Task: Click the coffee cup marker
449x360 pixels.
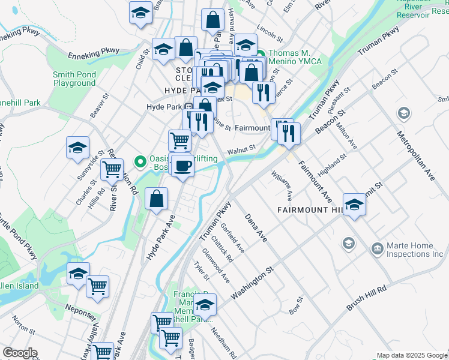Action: point(182,165)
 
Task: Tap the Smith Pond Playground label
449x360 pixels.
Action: point(74,79)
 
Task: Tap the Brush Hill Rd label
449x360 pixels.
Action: point(366,298)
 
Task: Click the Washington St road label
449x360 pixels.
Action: point(252,284)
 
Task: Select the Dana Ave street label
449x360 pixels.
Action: point(255,227)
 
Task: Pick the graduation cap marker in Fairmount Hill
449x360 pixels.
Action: point(354,205)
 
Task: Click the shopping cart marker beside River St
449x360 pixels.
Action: point(112,170)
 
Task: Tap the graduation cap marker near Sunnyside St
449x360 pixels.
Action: point(78,149)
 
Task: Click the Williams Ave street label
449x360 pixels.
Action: point(283,185)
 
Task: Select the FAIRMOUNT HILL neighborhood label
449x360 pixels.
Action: point(309,209)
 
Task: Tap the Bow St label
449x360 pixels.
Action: point(294,310)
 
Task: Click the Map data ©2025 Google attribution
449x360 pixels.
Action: point(411,355)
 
